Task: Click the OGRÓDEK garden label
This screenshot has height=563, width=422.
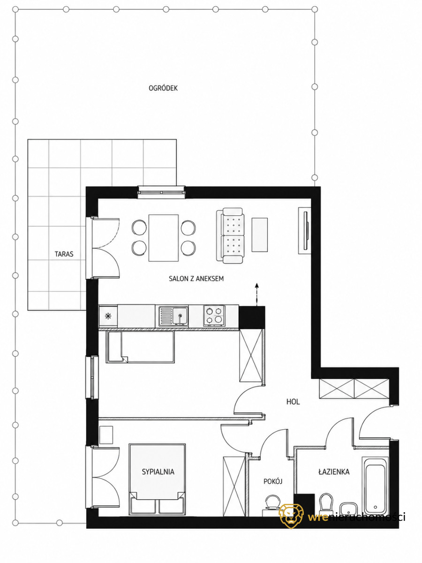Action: (x=163, y=88)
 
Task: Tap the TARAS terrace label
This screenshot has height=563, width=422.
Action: (x=64, y=254)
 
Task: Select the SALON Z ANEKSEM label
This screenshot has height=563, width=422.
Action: (x=196, y=279)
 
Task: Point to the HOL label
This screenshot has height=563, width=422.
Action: (x=293, y=402)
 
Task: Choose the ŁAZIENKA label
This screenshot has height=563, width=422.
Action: (x=334, y=472)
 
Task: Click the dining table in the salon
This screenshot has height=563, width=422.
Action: (x=164, y=238)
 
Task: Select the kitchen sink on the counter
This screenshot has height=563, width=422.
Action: (x=173, y=316)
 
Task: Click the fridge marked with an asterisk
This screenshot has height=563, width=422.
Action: (x=108, y=316)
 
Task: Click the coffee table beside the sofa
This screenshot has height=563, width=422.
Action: (x=260, y=235)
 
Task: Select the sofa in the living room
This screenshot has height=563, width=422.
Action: (x=230, y=236)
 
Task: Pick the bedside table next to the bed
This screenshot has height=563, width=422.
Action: (x=106, y=435)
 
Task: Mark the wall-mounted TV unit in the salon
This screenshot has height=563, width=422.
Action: (x=305, y=230)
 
